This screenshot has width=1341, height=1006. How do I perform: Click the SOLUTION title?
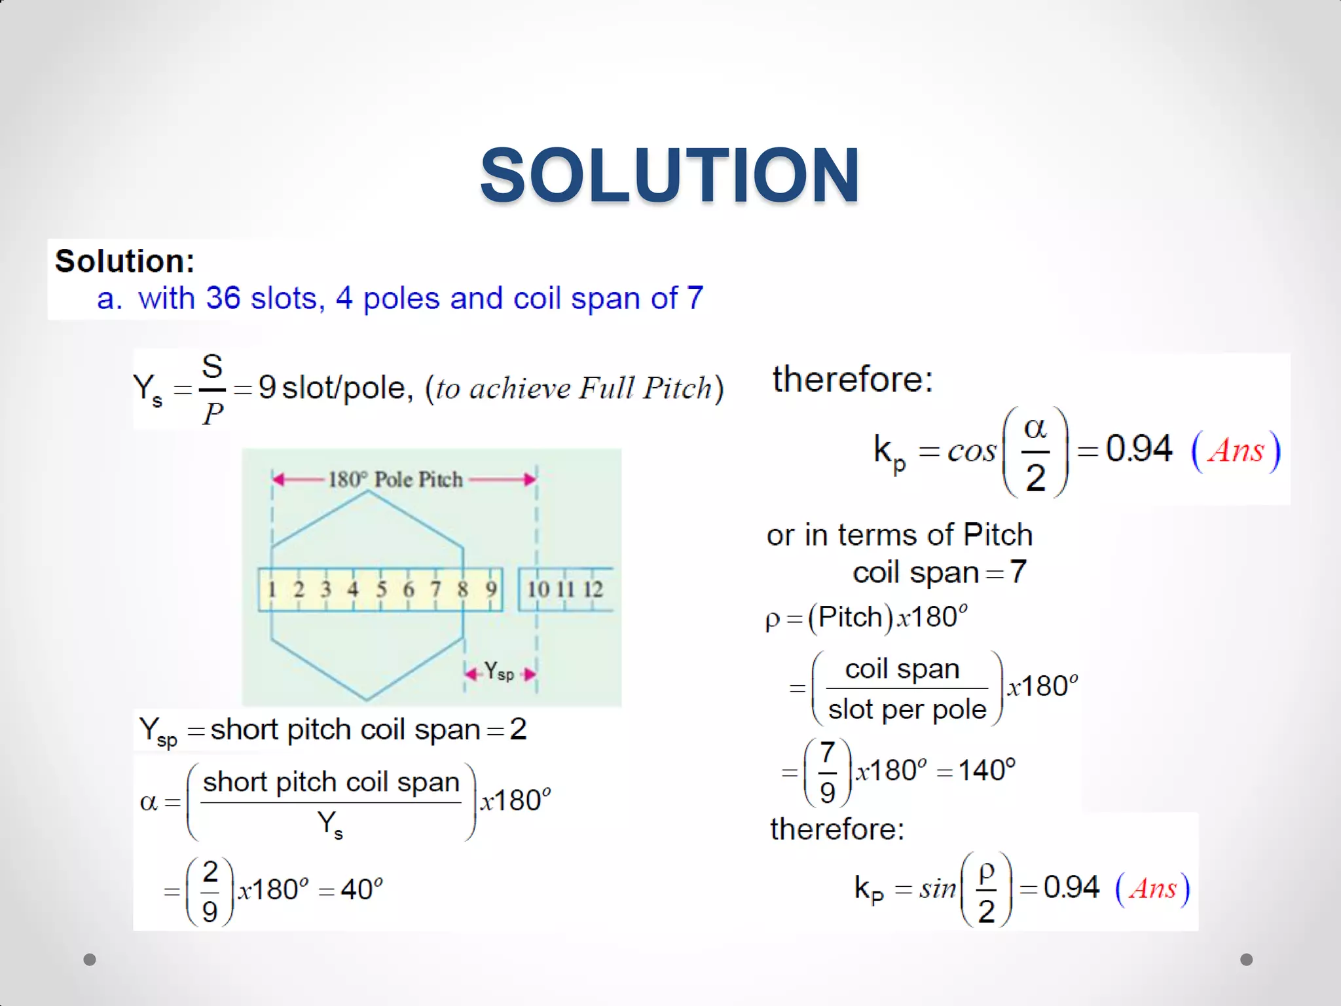click(669, 176)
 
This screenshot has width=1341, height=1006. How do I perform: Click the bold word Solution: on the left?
click(124, 261)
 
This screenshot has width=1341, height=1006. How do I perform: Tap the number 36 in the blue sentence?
click(223, 299)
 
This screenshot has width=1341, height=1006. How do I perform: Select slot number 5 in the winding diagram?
click(381, 589)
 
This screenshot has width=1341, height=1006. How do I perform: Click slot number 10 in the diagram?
click(538, 589)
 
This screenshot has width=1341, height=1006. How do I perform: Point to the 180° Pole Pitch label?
click(395, 479)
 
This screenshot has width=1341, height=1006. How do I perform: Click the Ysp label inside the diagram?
click(498, 672)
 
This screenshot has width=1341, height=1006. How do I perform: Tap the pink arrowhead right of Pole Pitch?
click(530, 480)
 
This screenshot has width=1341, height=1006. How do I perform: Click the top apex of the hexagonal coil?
click(369, 492)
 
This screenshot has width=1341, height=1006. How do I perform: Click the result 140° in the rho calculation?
click(987, 770)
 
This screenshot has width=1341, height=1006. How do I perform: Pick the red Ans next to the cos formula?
click(1236, 451)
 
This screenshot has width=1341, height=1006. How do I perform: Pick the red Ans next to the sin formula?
click(1152, 889)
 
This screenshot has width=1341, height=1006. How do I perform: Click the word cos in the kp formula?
click(972, 451)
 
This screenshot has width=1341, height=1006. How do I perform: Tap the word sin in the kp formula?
click(938, 889)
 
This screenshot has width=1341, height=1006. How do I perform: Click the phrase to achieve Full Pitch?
click(574, 388)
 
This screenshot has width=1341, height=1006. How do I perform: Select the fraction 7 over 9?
click(827, 772)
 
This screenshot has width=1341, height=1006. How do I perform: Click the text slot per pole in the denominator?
click(907, 709)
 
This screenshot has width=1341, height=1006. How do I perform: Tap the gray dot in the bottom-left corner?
click(90, 959)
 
